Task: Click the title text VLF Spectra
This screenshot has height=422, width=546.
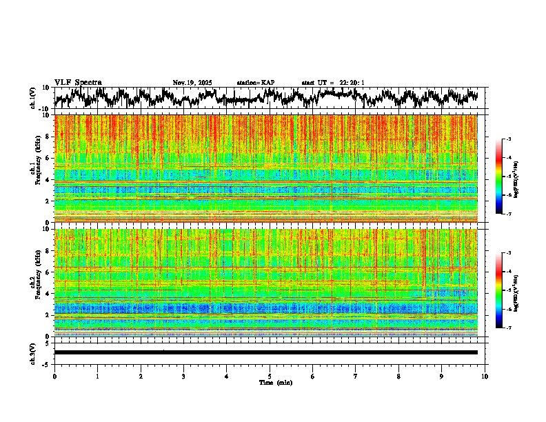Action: tap(78, 83)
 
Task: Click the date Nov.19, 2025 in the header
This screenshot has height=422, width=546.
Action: tap(192, 83)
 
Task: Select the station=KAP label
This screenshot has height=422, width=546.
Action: tap(256, 83)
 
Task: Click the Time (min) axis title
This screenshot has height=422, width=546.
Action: tap(275, 382)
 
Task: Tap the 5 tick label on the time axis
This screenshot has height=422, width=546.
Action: tap(270, 376)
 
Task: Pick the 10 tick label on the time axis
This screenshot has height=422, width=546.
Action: tap(485, 376)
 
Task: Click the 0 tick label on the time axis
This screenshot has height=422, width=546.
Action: tap(54, 376)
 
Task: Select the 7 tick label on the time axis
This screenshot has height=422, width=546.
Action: tap(356, 376)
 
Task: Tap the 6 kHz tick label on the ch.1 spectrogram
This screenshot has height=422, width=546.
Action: tap(49, 158)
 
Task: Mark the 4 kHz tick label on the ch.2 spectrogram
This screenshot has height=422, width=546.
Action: tap(49, 293)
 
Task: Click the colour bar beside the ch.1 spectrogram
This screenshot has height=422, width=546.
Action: tap(505, 177)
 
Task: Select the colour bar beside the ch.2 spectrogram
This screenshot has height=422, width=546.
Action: tap(505, 290)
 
